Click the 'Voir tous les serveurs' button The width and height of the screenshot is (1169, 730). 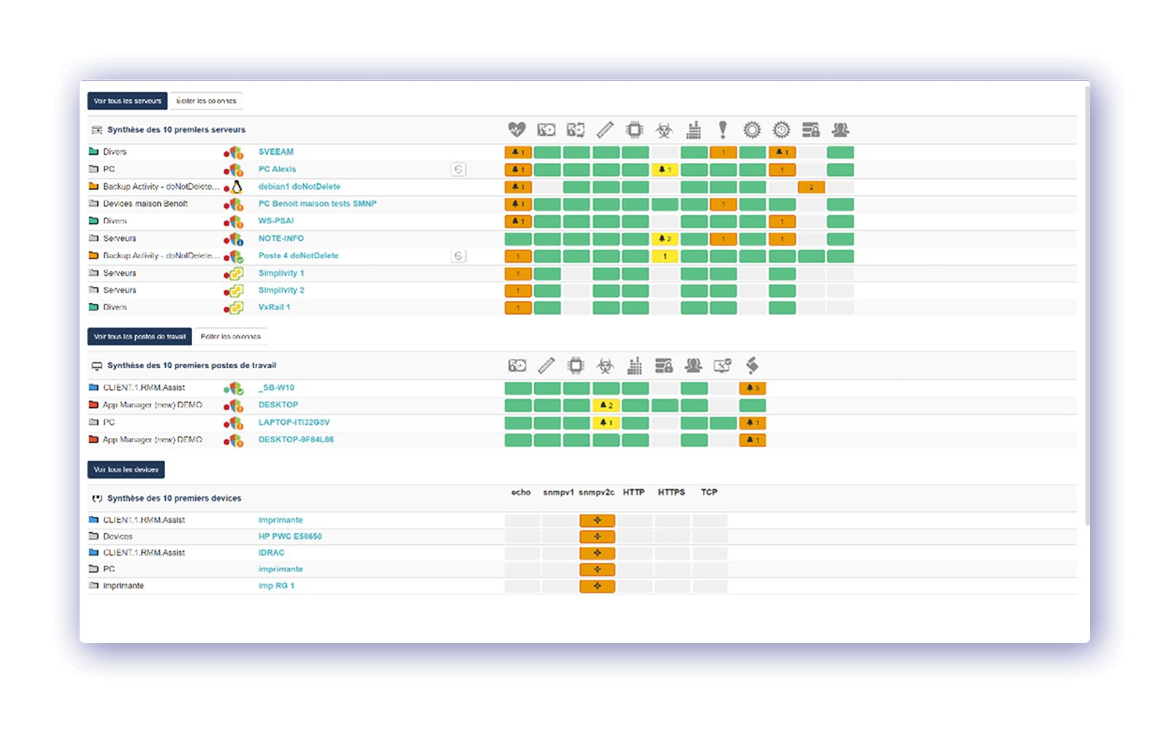pyautogui.click(x=127, y=101)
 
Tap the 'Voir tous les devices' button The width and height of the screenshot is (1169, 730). pyautogui.click(x=126, y=469)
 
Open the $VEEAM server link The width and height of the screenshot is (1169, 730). pyautogui.click(x=276, y=152)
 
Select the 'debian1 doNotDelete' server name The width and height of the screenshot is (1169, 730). pyautogui.click(x=299, y=187)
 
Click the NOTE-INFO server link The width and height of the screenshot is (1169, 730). pyautogui.click(x=281, y=239)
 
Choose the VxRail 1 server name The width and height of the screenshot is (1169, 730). pyautogui.click(x=274, y=307)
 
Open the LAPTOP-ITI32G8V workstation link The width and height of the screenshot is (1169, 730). pyautogui.click(x=294, y=423)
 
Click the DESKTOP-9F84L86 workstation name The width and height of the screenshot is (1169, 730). pyautogui.click(x=296, y=439)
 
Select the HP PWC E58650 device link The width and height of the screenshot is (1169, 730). pyautogui.click(x=290, y=537)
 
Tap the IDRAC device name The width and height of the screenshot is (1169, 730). pyautogui.click(x=271, y=553)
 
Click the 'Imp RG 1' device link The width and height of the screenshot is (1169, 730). pyautogui.click(x=276, y=585)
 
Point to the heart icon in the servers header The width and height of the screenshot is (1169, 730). pyautogui.click(x=517, y=130)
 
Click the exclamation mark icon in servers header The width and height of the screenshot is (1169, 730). pyautogui.click(x=723, y=130)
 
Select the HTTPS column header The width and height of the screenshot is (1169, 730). pyautogui.click(x=671, y=493)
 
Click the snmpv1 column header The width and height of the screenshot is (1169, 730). pyautogui.click(x=558, y=493)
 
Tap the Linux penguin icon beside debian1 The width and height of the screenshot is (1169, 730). pyautogui.click(x=237, y=187)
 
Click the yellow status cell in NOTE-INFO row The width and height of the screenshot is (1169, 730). pyautogui.click(x=664, y=239)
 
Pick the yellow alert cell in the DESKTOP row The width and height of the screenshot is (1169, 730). pyautogui.click(x=606, y=405)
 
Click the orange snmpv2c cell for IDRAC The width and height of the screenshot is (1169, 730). pyautogui.click(x=597, y=553)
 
